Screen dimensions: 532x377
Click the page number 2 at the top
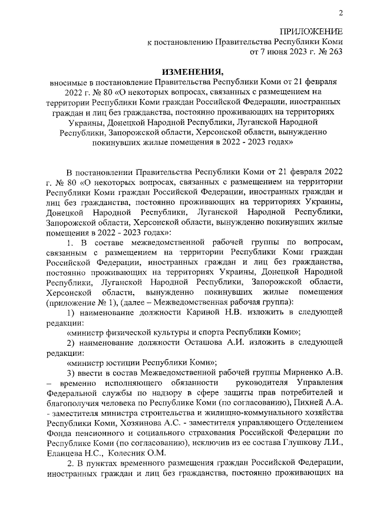[x=341, y=14]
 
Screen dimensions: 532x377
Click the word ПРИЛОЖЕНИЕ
[x=312, y=31]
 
